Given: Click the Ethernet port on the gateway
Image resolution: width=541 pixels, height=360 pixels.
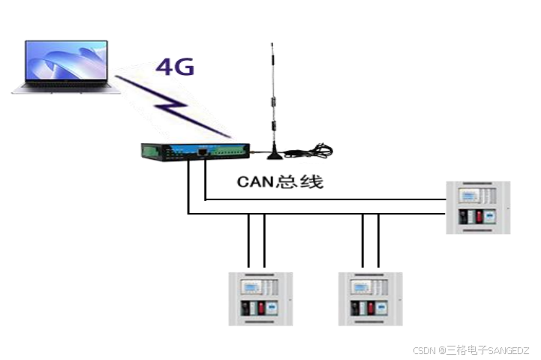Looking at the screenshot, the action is pyautogui.click(x=203, y=151).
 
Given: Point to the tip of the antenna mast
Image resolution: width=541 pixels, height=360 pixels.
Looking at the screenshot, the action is pyautogui.click(x=272, y=44).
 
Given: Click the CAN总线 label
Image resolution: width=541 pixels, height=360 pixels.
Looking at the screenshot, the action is pyautogui.click(x=279, y=181).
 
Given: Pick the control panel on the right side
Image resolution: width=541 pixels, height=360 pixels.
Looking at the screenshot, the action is pyautogui.click(x=478, y=208).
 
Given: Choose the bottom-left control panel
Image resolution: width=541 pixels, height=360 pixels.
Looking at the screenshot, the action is pyautogui.click(x=260, y=298).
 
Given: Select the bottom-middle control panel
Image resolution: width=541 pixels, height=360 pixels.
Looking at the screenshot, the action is pyautogui.click(x=371, y=298).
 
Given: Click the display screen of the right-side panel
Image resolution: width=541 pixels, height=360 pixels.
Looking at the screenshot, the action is pyautogui.click(x=470, y=196).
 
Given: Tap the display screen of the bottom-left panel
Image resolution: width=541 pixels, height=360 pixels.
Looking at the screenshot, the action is pyautogui.click(x=250, y=287).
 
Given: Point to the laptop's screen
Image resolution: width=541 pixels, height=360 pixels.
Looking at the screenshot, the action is pyautogui.click(x=65, y=61).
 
